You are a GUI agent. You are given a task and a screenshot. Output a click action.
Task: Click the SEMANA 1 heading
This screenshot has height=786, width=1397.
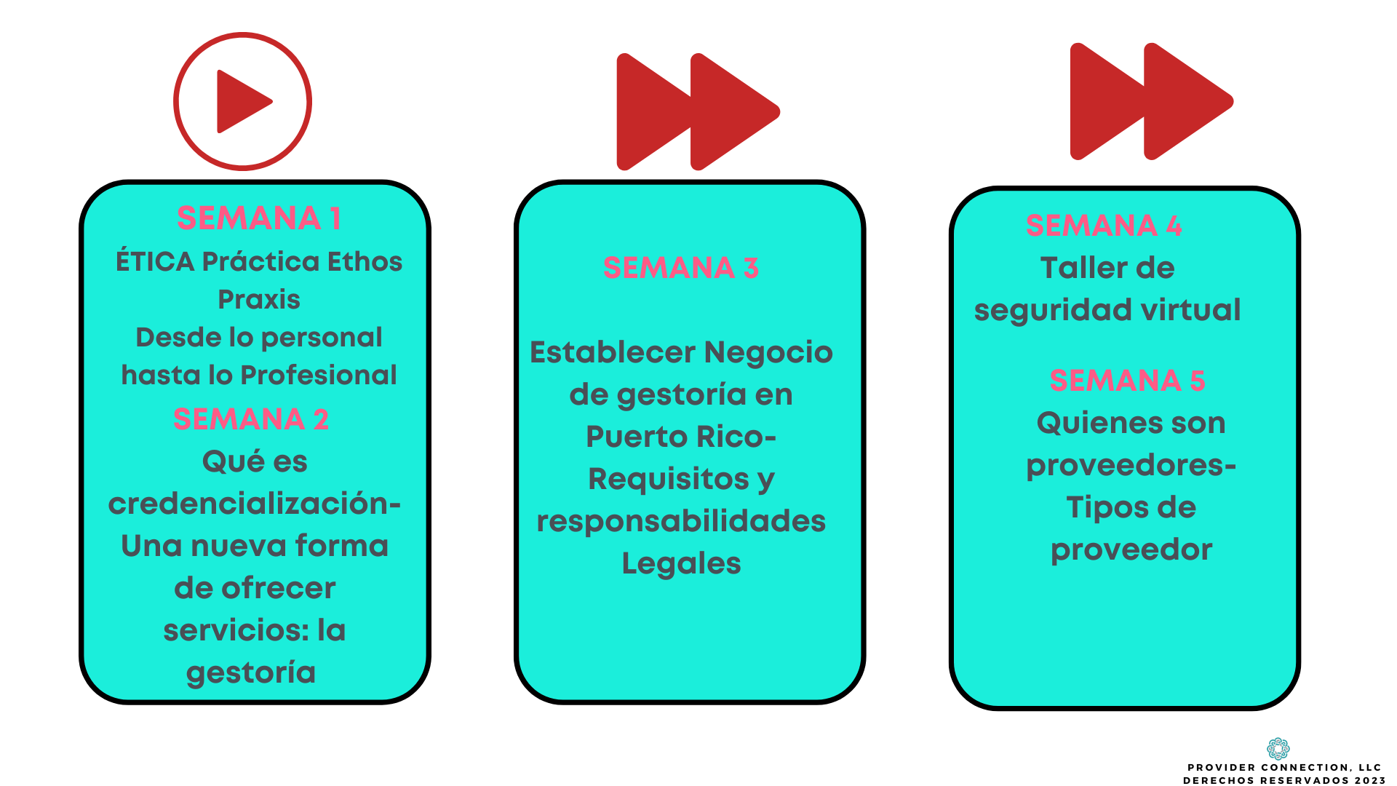point(258,218)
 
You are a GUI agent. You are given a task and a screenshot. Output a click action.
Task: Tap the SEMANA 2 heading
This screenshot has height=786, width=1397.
point(251,419)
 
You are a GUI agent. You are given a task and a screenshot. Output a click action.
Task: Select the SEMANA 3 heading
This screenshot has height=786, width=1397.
point(681,268)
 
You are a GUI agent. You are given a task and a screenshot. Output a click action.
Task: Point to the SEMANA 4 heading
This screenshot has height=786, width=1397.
point(1103,226)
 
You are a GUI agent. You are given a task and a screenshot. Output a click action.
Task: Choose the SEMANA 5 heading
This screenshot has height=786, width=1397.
point(1127,381)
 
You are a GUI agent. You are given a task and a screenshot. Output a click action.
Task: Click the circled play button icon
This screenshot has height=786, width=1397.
point(243,102)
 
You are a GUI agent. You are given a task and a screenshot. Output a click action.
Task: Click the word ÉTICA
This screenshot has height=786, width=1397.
point(155,261)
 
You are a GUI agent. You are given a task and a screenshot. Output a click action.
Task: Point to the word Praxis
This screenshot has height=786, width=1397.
point(259,299)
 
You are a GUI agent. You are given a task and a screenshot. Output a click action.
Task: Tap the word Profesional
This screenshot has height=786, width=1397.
point(319,375)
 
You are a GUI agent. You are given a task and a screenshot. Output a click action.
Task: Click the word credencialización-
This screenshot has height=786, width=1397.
point(255,504)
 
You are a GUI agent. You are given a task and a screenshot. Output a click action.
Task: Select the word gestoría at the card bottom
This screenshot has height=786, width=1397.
point(251,672)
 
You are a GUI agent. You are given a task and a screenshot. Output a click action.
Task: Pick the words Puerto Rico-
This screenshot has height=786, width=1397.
point(681,437)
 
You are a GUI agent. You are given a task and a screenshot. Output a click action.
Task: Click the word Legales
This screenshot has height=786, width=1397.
point(681,563)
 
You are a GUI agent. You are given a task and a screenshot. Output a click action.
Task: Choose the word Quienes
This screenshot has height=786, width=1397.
point(1083,423)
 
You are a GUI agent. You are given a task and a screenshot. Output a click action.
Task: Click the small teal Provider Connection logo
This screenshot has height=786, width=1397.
point(1278,748)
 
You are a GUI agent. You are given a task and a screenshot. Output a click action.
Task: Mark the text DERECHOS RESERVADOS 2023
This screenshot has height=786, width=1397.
point(1284,780)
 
